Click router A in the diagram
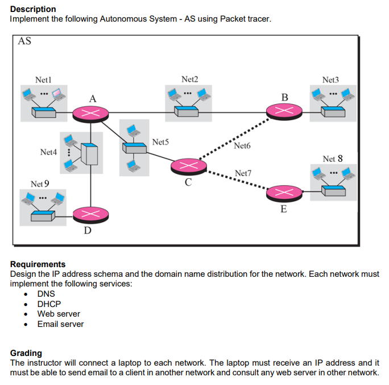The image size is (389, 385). pyautogui.click(x=90, y=112)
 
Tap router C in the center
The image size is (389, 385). pyautogui.click(x=189, y=166)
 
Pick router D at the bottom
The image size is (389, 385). pyautogui.click(x=89, y=214)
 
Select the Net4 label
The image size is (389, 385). pyautogui.click(x=48, y=152)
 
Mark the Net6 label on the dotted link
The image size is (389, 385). pyautogui.click(x=242, y=146)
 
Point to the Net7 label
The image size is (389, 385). pyautogui.click(x=243, y=173)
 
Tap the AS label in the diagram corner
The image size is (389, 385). pyautogui.click(x=24, y=42)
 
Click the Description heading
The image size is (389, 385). pyautogui.click(x=33, y=9)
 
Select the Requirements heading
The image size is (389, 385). pyautogui.click(x=38, y=264)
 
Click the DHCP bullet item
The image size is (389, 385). pyautogui.click(x=49, y=304)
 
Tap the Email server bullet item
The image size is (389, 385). pyautogui.click(x=60, y=324)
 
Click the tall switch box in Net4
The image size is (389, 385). pyautogui.click(x=89, y=153)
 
